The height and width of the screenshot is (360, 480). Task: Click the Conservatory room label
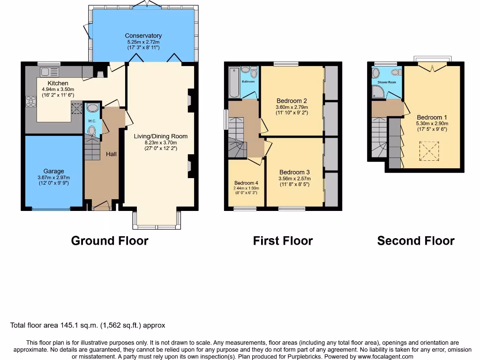(143, 36)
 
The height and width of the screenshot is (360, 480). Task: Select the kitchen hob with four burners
(31, 102)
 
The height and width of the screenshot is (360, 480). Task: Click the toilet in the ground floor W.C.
(92, 130)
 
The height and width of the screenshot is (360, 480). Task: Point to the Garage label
(54, 171)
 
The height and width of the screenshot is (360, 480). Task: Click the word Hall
(111, 154)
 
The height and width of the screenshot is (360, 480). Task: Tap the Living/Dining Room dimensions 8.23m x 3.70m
(160, 143)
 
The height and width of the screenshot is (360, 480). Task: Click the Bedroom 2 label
(292, 100)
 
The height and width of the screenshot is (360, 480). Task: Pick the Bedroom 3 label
(294, 172)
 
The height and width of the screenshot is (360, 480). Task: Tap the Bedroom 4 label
(246, 183)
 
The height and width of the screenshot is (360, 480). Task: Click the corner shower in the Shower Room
(378, 92)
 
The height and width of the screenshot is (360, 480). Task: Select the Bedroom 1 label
(429, 117)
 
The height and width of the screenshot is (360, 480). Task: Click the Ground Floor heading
(109, 241)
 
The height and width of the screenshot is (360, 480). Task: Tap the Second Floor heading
(416, 241)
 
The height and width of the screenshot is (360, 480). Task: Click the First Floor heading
(283, 241)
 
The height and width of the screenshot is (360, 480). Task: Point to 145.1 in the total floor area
(68, 325)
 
